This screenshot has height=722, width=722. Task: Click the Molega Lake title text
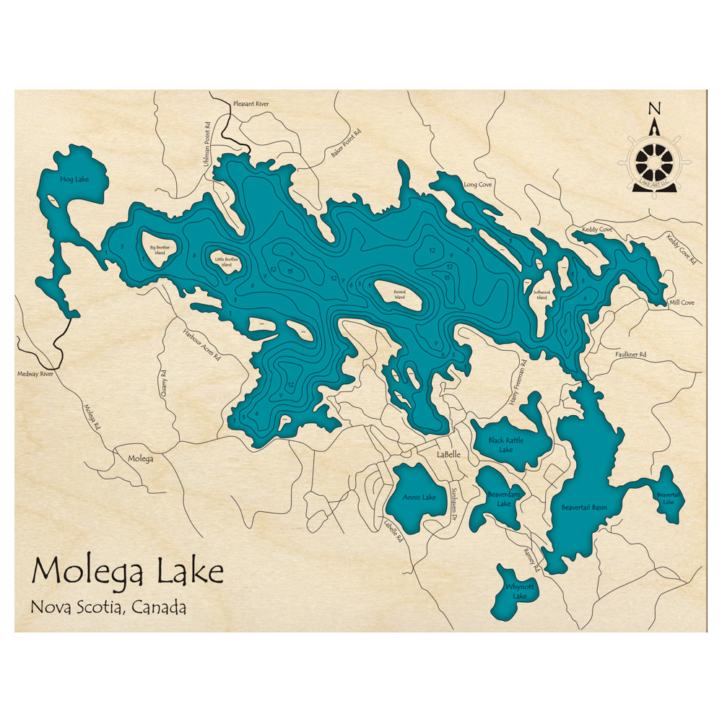(127, 572)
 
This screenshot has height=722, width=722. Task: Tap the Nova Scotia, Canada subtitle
(108, 607)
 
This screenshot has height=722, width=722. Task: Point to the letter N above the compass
(654, 109)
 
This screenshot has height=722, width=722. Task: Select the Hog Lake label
(74, 178)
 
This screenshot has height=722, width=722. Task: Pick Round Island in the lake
(399, 295)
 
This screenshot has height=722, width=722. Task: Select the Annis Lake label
(419, 497)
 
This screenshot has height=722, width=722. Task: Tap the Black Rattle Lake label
(506, 445)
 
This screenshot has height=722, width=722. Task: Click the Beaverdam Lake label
(504, 499)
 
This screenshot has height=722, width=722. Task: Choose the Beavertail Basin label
(584, 508)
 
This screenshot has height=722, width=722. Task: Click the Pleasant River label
(251, 104)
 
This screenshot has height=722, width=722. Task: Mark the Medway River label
(36, 374)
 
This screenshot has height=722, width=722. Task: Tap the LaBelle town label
(448, 454)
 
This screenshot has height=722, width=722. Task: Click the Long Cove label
(478, 185)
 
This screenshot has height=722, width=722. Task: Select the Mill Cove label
(682, 303)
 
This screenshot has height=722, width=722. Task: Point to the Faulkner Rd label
(630, 355)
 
